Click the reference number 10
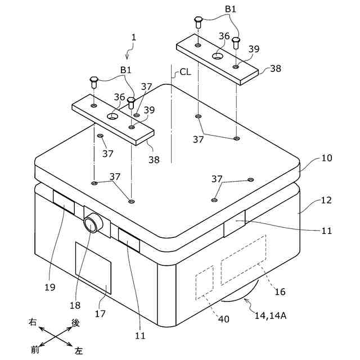[x=326, y=158]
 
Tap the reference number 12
[x=326, y=200]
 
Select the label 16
[x=280, y=291]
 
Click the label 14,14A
[x=271, y=316]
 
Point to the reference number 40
[x=224, y=319]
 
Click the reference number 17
[x=100, y=313]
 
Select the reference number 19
[x=49, y=287]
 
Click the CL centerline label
[x=185, y=73]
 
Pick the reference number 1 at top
[x=133, y=38]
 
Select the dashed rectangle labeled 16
[x=243, y=260]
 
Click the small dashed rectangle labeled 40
[x=204, y=281]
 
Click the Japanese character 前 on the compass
[x=35, y=349]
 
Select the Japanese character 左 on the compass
[x=79, y=350]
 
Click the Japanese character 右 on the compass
[x=33, y=322]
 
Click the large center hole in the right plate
[x=218, y=56]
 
